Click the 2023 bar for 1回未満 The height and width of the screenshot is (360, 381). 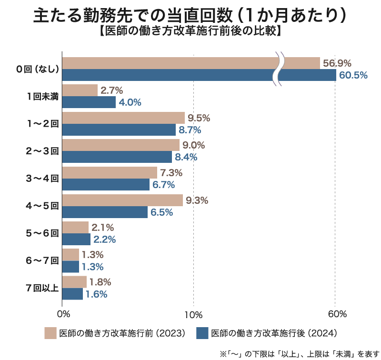click(80, 90)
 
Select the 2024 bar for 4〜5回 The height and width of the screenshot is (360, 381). click(105, 212)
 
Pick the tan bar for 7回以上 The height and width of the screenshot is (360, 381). click(74, 282)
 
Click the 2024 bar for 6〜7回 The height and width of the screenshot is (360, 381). click(70, 267)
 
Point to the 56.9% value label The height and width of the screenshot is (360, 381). click(337, 63)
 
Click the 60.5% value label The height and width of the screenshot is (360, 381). click(353, 75)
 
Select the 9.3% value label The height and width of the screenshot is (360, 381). click(197, 200)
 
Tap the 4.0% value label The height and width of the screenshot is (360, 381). click(130, 102)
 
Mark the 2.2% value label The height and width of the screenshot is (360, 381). click(104, 240)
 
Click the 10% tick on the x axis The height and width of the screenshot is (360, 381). click(193, 314)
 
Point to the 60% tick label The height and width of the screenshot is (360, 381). click(337, 314)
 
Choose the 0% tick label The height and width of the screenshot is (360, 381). click(63, 314)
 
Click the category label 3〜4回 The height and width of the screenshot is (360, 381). click(42, 179)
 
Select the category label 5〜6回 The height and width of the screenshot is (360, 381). click(42, 233)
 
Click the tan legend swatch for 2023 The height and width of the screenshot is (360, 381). click(50, 333)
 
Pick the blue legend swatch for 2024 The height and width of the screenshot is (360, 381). click(202, 333)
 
